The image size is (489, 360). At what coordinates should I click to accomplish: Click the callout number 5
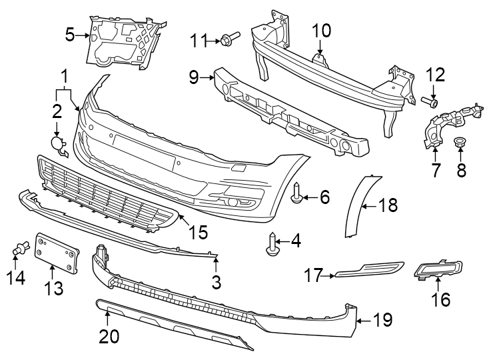(70, 35)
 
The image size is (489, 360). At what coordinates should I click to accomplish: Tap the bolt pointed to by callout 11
(230, 38)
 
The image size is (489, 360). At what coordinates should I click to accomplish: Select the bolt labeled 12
(430, 101)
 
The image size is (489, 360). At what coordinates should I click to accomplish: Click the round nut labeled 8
(460, 142)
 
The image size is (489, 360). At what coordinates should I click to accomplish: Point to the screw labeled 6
(296, 193)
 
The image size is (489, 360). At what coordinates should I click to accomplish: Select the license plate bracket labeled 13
(57, 253)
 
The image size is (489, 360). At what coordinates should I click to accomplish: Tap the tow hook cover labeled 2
(59, 145)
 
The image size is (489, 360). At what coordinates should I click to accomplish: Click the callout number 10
(322, 31)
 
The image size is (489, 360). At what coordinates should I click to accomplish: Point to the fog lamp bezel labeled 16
(438, 269)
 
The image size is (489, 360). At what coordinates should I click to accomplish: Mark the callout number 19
(382, 320)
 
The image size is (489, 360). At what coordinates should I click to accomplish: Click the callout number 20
(109, 336)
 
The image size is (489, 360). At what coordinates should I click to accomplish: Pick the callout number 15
(199, 232)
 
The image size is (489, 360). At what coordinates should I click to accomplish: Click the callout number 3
(216, 282)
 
